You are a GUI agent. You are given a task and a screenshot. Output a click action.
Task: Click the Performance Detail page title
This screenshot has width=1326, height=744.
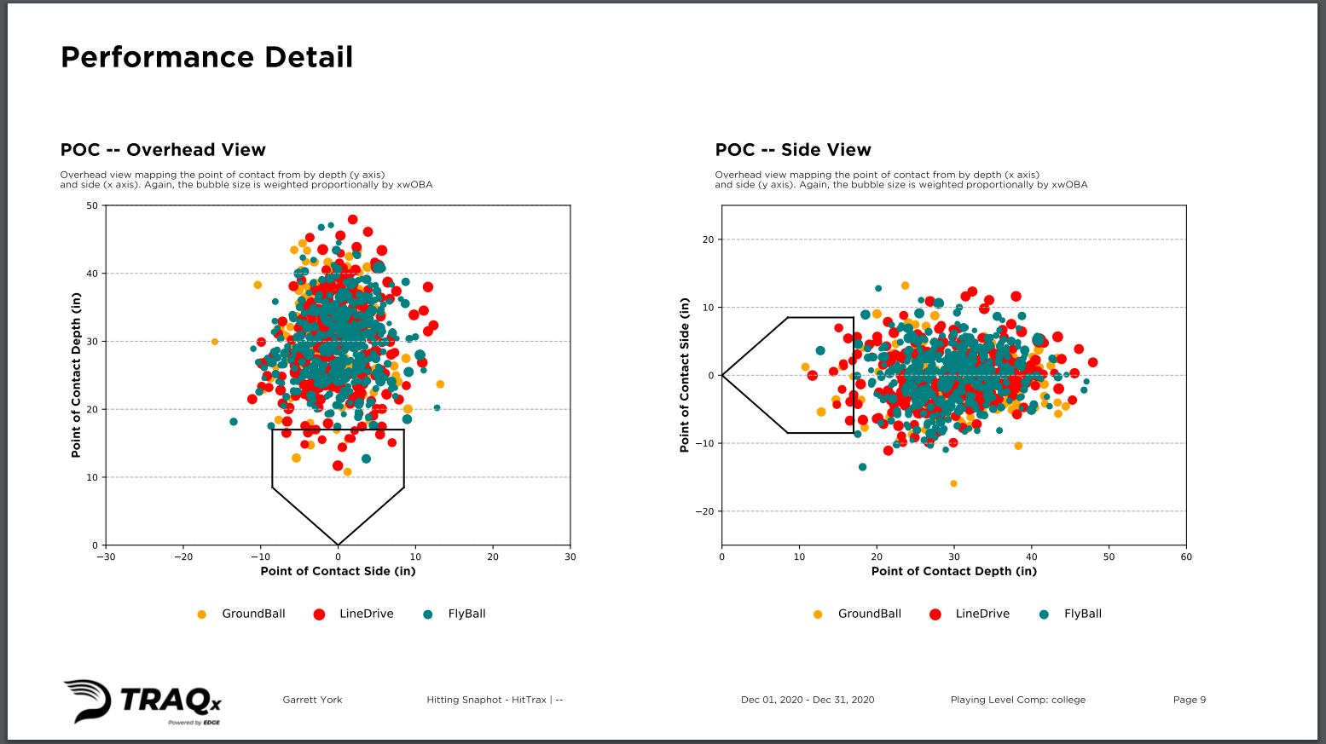[x=206, y=57]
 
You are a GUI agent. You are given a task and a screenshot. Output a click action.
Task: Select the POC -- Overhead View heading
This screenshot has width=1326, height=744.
[x=163, y=150]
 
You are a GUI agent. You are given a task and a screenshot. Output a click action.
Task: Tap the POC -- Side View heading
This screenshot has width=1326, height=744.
[x=793, y=150]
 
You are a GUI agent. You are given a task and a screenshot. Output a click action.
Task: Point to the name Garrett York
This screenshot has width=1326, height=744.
[x=312, y=700]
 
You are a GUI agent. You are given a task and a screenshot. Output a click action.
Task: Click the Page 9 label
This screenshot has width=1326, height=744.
[x=1190, y=700]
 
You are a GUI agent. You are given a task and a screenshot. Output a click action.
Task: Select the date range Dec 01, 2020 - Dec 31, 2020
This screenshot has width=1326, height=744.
[x=808, y=700]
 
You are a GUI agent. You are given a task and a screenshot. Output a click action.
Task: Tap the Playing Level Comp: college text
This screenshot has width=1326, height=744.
[x=1018, y=700]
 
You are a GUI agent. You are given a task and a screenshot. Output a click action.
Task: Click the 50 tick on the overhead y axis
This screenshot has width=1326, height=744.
[x=92, y=205]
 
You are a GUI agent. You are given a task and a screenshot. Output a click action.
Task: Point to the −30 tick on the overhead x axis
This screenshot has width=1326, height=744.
[x=106, y=557]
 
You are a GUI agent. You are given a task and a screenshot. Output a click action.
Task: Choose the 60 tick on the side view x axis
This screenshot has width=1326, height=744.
[x=1186, y=557]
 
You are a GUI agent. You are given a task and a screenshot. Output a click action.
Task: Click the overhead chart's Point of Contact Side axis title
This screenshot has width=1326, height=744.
[x=338, y=571]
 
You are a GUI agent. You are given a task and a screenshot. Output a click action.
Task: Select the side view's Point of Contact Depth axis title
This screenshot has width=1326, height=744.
[x=954, y=571]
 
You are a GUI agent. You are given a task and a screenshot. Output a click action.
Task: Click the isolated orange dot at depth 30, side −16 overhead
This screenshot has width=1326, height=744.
[x=215, y=342]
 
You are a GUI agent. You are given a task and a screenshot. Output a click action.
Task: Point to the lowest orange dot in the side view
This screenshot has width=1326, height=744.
[x=953, y=483]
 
